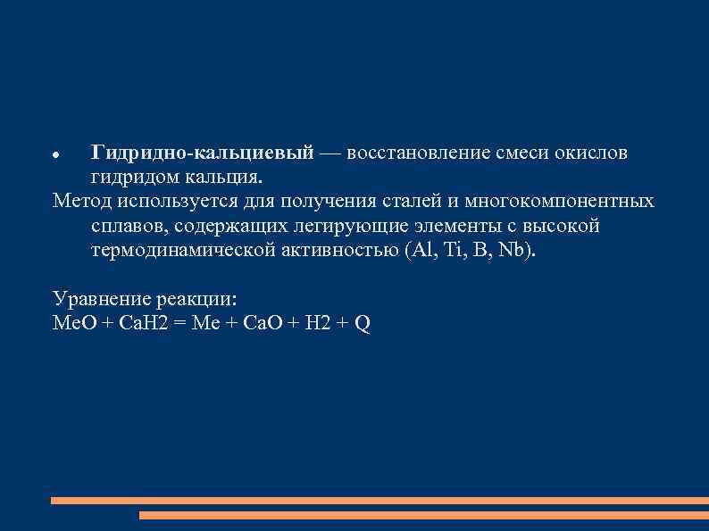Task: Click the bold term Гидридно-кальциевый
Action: coord(202,153)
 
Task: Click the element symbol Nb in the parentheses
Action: coord(513,249)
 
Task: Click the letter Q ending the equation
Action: coord(363,323)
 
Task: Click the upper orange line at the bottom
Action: coord(380,501)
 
